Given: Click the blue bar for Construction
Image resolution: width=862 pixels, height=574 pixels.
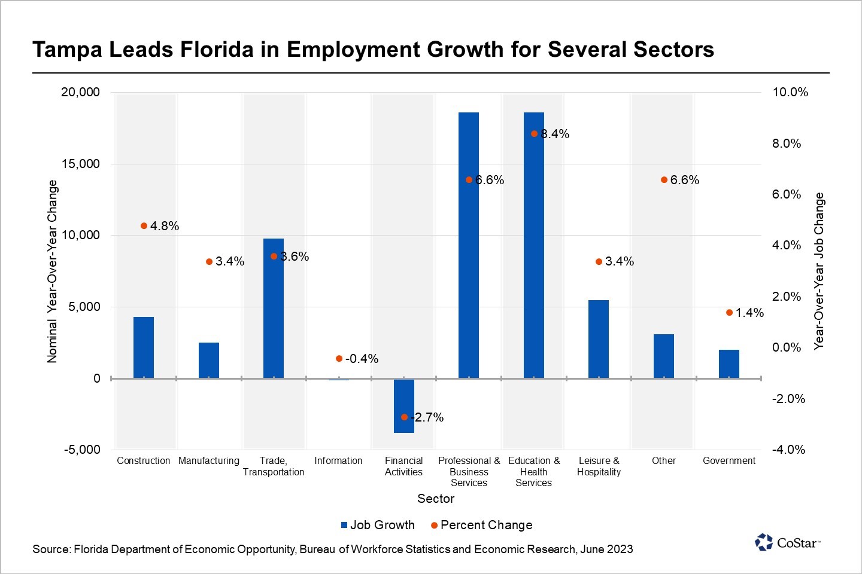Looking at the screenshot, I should pos(144,347).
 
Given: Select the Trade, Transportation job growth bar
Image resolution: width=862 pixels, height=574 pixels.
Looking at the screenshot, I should pos(274,308).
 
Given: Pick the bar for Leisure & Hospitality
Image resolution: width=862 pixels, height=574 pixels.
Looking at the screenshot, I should pos(599,339).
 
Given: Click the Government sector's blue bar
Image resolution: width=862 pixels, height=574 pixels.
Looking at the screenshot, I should pos(729,364).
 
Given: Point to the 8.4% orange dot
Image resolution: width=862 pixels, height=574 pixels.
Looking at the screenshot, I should pos(534,134).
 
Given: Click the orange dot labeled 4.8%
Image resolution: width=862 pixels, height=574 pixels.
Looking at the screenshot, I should pos(144,226).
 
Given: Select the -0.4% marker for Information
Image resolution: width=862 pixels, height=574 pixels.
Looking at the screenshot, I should pos(339,359).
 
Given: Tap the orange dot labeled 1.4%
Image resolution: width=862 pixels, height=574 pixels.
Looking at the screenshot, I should pos(729,313).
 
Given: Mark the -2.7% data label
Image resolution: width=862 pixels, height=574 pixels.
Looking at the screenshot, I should pos(429,417).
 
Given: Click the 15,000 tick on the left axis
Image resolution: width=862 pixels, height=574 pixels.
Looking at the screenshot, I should pos(81,164).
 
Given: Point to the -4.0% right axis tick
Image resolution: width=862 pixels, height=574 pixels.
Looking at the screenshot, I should pos(788,450).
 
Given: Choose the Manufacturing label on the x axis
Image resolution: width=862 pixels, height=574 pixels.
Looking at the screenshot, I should pos(209,461).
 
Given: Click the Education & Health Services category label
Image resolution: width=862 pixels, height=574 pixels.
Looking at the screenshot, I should pos(534,472).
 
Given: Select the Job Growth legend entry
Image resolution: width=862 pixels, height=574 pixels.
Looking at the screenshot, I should pos(378,525).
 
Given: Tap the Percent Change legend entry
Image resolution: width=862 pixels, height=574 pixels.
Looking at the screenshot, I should pos(482,525).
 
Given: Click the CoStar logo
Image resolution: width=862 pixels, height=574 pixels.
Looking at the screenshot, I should pos(787,542).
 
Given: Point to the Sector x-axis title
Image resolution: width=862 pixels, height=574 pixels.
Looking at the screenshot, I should pos(436,499).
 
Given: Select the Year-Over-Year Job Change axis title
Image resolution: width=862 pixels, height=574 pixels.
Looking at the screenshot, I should pos(819,271).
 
